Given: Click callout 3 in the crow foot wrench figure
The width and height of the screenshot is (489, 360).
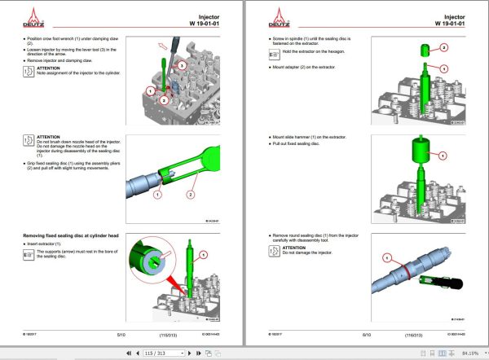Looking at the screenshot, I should coord(182,64).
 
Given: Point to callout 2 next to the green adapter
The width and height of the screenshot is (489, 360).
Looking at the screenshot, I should coord(444,48).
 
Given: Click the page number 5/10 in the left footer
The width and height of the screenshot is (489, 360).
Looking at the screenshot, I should coord(121,334).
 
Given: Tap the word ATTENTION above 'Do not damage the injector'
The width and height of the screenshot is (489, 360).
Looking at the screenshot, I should coord(294,248).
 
